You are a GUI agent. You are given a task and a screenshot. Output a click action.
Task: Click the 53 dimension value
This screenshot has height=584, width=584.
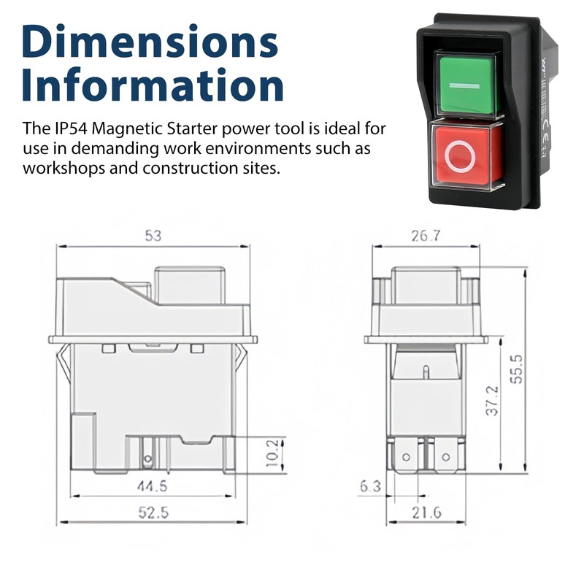[x=153, y=236]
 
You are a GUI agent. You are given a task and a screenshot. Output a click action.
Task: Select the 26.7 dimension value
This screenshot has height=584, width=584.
[x=426, y=236]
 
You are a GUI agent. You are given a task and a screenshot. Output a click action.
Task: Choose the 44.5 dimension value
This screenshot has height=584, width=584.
[x=153, y=486]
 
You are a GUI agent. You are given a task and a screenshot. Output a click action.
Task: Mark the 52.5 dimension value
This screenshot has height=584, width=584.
[x=153, y=513]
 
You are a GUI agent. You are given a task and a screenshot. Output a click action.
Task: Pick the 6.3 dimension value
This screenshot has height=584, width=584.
[x=369, y=486]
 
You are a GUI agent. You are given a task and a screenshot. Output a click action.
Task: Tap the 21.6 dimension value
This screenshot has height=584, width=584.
[x=426, y=513]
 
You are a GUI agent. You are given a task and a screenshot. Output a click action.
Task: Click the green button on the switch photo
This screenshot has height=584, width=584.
[x=464, y=83]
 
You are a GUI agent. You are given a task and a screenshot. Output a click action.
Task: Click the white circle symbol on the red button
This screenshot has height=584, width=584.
[x=461, y=156]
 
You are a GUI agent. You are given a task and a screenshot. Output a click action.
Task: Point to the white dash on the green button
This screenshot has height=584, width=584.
[x=464, y=85]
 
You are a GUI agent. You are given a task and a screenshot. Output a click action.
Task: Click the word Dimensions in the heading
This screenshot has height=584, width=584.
[x=150, y=42]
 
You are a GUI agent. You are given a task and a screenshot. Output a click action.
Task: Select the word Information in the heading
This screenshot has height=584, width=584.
[x=153, y=85]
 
